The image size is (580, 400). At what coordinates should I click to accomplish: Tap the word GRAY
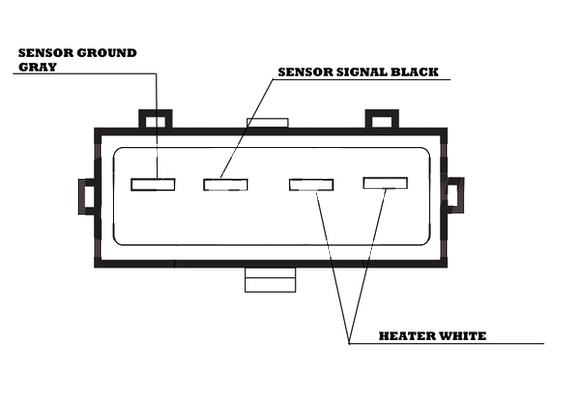click(37, 67)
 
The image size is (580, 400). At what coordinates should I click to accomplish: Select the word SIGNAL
click(361, 72)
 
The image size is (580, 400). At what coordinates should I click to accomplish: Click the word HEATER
click(407, 336)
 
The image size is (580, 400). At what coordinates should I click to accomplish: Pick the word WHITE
click(462, 336)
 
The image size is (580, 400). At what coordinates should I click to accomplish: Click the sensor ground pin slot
click(153, 184)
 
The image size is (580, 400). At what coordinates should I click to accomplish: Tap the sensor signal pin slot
click(225, 184)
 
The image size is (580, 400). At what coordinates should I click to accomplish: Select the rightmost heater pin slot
click(385, 183)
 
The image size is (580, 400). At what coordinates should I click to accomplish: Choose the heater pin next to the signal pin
click(311, 185)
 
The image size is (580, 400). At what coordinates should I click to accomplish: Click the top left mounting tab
click(155, 119)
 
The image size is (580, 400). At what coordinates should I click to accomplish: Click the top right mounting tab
click(382, 119)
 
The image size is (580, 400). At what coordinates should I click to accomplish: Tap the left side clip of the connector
click(87, 196)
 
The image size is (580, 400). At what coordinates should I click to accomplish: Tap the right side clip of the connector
click(455, 195)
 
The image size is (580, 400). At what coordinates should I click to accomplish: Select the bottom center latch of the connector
click(270, 280)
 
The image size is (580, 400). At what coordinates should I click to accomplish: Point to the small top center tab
click(267, 123)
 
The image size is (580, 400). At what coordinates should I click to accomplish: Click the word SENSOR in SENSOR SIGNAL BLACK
click(306, 72)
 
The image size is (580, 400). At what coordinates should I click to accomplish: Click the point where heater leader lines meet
click(349, 343)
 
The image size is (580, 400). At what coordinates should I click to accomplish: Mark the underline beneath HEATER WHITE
click(446, 343)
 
